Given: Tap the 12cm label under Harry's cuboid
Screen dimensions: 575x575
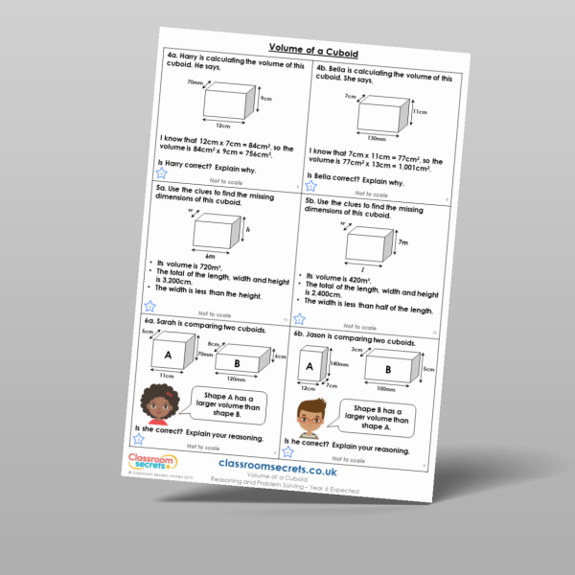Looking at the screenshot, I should (x=223, y=126).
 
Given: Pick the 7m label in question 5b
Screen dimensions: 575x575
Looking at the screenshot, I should (x=402, y=244).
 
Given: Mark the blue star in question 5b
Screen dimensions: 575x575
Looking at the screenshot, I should (x=301, y=318).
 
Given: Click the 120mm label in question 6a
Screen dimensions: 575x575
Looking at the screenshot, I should (x=236, y=383).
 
